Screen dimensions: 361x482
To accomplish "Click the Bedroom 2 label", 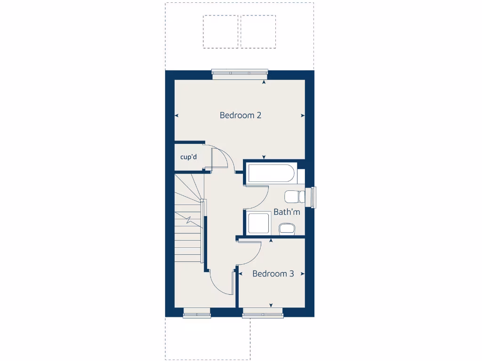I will click(x=240, y=115).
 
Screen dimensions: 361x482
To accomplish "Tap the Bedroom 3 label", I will click(x=273, y=274).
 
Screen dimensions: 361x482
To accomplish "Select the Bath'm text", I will click(x=287, y=212).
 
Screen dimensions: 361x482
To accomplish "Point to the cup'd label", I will click(x=188, y=157).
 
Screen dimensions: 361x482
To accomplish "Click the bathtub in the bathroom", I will click(x=271, y=173).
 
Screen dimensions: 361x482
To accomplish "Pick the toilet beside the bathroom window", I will click(x=294, y=196).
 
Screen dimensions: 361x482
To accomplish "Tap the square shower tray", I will click(x=258, y=223).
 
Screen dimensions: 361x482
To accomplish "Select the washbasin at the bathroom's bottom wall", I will click(x=287, y=228).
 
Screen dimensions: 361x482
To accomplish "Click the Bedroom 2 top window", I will click(x=240, y=72).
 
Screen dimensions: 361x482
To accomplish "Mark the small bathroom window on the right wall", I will click(x=313, y=197).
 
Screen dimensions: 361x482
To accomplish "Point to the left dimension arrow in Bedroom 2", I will click(x=177, y=115).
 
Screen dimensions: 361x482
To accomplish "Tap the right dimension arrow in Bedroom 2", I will click(x=303, y=115).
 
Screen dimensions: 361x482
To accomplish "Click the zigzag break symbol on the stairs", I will click(x=188, y=220).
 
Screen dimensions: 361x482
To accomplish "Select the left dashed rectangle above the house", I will click(x=221, y=31).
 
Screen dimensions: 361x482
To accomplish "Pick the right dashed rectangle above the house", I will click(x=258, y=31).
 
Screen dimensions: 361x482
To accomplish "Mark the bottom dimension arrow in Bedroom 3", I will click(x=271, y=305).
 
